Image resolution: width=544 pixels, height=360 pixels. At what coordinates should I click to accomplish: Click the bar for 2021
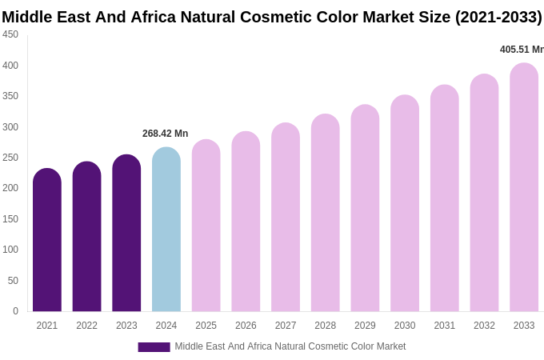click(47, 240)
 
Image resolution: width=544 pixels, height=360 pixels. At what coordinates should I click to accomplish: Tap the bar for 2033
click(524, 187)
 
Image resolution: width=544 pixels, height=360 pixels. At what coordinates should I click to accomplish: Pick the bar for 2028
click(325, 213)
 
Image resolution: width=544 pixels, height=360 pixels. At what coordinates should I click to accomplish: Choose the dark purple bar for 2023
click(126, 233)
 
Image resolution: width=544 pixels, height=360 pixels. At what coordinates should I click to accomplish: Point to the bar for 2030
click(405, 203)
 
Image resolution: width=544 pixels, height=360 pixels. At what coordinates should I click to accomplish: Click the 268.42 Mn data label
click(165, 134)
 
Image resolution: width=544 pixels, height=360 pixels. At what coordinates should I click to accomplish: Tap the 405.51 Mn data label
click(521, 50)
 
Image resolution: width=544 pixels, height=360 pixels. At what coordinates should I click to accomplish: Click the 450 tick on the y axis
click(10, 34)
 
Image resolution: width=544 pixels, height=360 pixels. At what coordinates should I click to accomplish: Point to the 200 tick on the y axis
click(10, 188)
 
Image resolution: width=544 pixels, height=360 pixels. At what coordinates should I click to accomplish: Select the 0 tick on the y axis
click(15, 311)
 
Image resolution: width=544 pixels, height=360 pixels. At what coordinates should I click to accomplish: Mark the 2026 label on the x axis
click(246, 326)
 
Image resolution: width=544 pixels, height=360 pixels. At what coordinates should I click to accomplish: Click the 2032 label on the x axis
click(484, 326)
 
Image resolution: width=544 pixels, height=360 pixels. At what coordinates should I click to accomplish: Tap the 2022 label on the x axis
click(86, 326)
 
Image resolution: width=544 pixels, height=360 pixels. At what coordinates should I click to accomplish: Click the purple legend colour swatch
click(154, 347)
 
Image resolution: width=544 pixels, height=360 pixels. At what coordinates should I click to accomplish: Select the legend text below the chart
click(290, 346)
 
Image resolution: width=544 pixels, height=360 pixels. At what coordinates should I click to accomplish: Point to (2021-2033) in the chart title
click(498, 17)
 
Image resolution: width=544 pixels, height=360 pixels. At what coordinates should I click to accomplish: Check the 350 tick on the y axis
click(10, 96)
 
